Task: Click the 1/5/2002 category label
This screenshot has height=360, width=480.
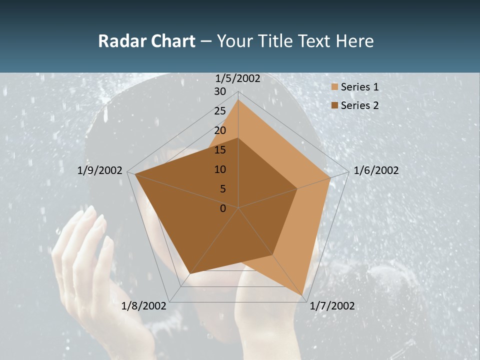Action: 237,78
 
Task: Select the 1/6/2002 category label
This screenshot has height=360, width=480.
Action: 376,170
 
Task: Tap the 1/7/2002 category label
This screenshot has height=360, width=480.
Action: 332,306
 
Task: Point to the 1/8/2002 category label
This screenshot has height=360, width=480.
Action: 143,306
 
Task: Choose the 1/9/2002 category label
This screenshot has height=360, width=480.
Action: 100,170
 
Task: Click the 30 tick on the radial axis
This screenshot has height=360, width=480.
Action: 220,91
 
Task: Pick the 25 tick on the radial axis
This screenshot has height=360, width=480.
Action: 220,111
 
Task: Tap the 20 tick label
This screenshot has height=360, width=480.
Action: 220,130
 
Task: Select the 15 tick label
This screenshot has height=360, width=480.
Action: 220,150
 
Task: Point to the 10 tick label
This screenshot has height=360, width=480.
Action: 220,169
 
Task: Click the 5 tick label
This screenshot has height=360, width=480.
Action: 222,189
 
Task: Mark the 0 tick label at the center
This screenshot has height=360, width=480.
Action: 222,208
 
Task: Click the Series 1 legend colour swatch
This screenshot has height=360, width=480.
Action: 333,87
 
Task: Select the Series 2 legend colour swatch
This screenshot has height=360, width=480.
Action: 333,105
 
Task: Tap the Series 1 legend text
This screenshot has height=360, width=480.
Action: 359,87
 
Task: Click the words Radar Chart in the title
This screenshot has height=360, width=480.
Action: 146,41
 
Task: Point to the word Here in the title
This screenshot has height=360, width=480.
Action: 354,41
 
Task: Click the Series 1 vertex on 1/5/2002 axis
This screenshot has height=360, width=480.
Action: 238,100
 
